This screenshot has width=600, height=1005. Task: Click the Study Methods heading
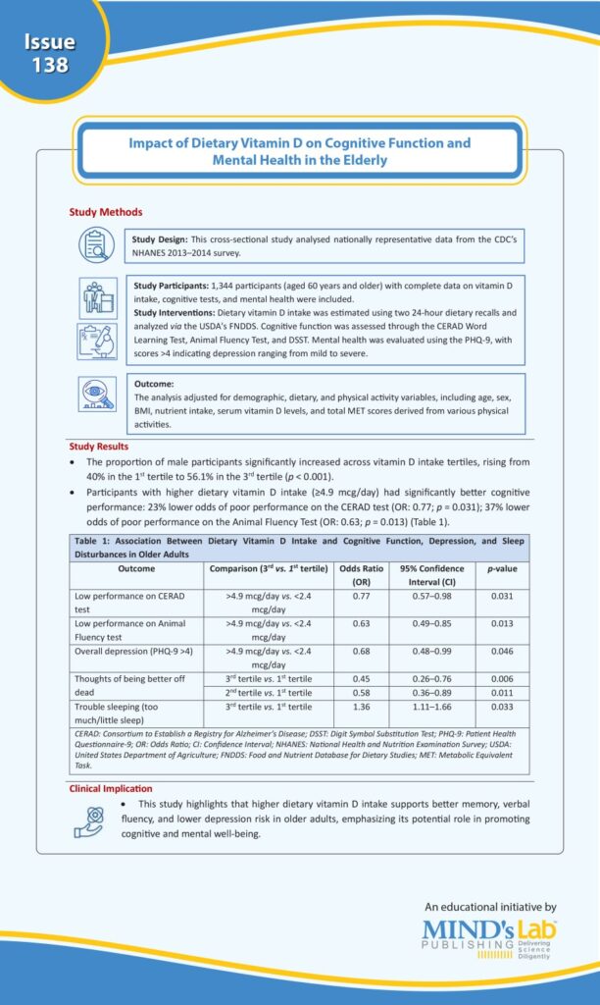coord(105,212)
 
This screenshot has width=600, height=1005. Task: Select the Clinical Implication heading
coord(111,788)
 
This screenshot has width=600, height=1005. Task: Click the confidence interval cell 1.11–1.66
coord(425,706)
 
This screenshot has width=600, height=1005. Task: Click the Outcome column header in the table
coord(136,568)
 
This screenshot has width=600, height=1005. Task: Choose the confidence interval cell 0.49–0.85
coord(425,623)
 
